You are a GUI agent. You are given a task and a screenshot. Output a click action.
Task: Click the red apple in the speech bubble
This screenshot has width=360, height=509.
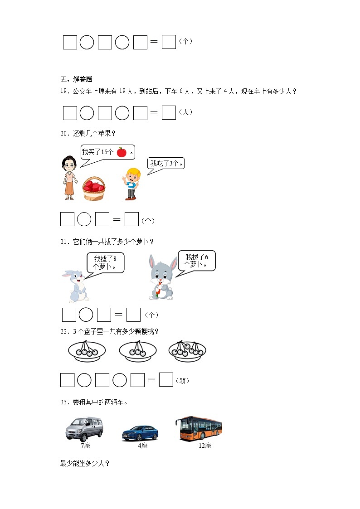click(121, 152)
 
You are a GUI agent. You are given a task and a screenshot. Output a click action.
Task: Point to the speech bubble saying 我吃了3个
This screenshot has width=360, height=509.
click(166, 164)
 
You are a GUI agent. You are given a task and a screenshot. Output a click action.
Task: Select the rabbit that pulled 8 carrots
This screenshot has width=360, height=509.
click(75, 286)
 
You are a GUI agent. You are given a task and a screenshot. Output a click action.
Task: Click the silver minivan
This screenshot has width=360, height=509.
click(84, 428)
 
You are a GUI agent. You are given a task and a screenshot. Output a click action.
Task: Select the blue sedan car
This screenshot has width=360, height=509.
click(140, 433)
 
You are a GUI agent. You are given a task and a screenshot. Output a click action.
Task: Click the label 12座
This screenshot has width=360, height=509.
click(204, 446)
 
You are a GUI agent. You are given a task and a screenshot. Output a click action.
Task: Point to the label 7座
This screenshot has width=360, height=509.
click(85, 446)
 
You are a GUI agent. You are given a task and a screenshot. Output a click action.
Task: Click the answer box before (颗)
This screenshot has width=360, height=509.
click(166, 380)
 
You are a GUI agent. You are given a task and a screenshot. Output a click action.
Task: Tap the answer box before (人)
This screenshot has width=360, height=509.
click(169, 112)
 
